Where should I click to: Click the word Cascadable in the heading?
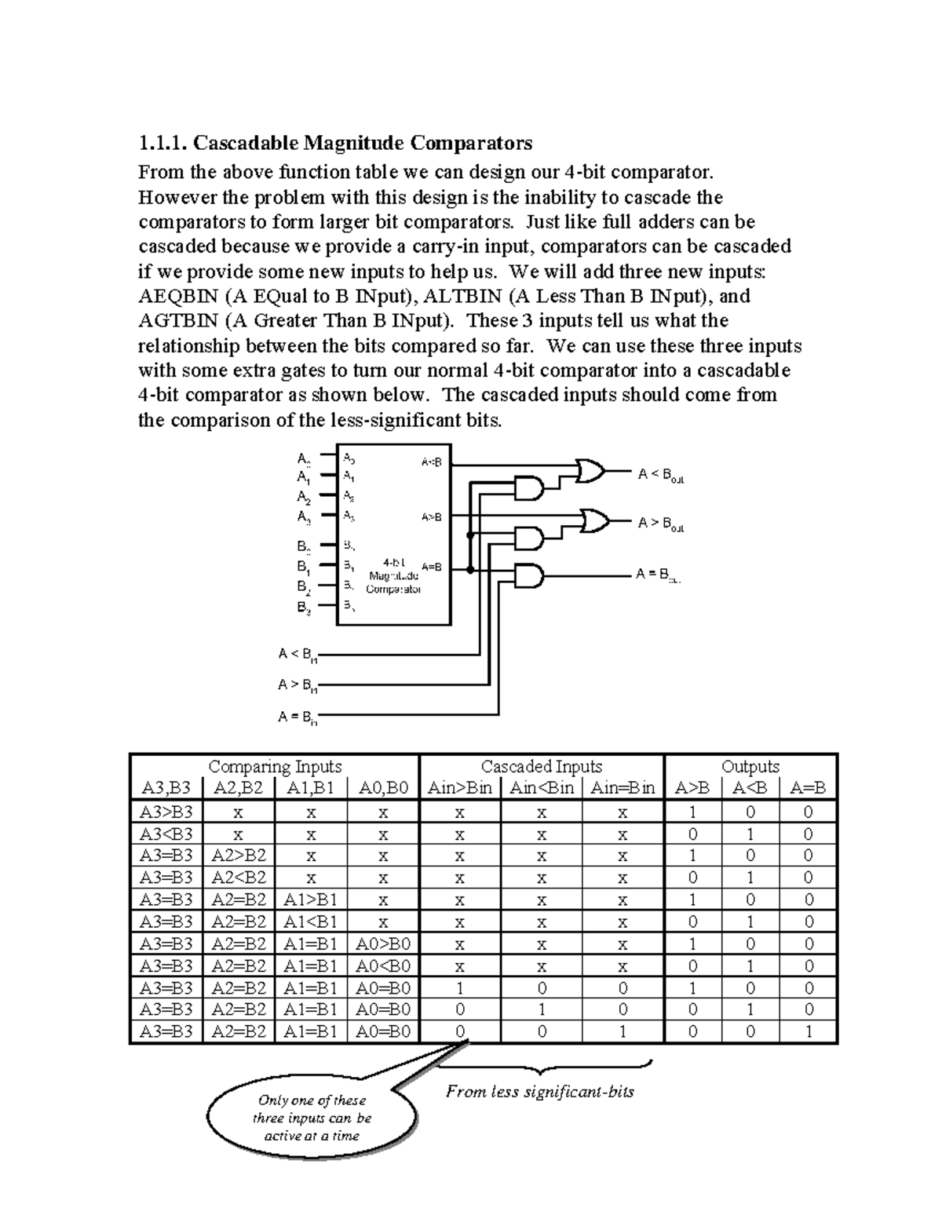pos(245,143)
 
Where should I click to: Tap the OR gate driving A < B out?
pos(590,471)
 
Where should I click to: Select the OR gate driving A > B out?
pos(595,520)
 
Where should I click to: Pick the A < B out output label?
pos(660,475)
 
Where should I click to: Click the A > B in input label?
pos(298,686)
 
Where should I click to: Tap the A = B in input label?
pos(298,717)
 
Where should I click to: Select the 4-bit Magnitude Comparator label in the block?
pos(394,575)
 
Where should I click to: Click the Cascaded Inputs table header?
pos(541,767)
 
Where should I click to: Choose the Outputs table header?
pos(750,767)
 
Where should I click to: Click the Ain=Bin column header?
pos(623,788)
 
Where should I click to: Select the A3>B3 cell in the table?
pos(166,812)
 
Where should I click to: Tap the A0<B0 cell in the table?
pos(383,965)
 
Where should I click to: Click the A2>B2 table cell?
pos(239,856)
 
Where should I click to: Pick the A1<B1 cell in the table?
pos(310,922)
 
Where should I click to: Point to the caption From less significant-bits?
pos(539,1092)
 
